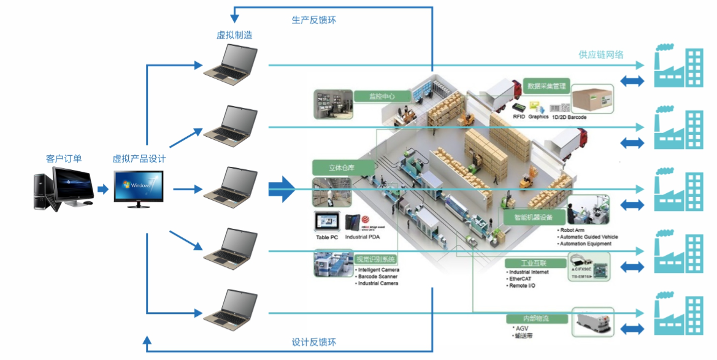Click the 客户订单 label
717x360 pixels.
pos(64,159)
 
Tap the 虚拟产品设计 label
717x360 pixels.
pos(139,159)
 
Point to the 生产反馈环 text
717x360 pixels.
pos(313,20)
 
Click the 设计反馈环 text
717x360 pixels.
pos(313,342)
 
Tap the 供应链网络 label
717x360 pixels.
pos(601,55)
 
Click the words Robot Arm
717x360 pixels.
pos(573,230)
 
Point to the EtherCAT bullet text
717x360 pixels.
pos(521,278)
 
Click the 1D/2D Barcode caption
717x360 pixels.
pos(569,117)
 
